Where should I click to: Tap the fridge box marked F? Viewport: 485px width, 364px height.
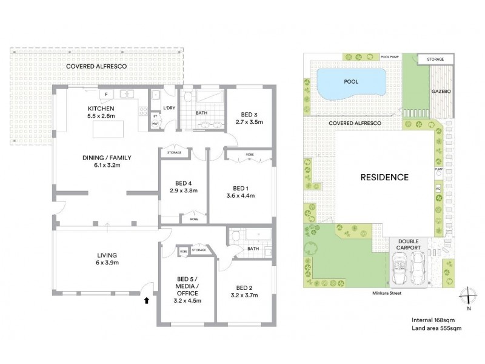[106, 95]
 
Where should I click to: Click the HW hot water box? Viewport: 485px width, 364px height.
[155, 124]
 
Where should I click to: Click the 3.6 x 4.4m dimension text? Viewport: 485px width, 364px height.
[240, 195]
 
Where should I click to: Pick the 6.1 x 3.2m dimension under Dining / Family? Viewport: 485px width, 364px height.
[107, 166]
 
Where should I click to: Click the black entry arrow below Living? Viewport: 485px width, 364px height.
[145, 300]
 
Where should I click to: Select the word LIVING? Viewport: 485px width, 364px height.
[107, 255]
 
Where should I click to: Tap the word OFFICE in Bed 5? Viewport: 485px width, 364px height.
[187, 293]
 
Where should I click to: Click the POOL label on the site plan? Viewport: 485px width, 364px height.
[351, 81]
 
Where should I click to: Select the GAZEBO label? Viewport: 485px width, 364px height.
[441, 90]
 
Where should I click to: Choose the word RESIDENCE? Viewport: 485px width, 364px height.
[384, 178]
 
